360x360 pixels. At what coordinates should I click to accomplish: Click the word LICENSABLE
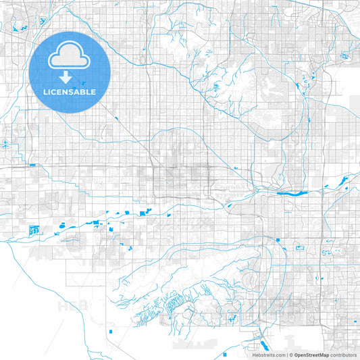tap(70, 91)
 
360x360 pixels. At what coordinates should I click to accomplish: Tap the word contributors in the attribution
tap(344, 354)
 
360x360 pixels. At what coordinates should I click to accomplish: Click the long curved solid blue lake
tap(292, 192)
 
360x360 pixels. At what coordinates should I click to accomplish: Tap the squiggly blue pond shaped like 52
tap(326, 252)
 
